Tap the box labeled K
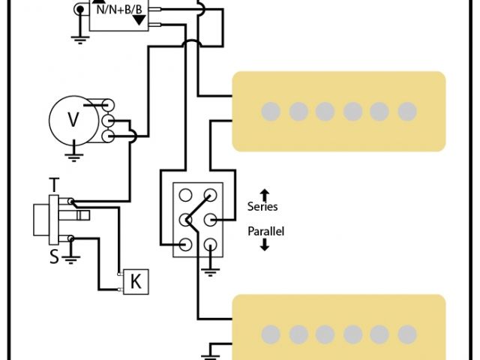[x=136, y=281]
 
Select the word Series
[x=262, y=206]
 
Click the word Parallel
[x=266, y=231]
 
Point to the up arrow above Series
[x=264, y=193]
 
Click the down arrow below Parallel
[x=264, y=244]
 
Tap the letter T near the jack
[x=54, y=184]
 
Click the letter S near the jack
[x=54, y=256]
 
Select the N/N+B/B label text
[x=118, y=8]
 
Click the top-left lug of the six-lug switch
[x=185, y=196]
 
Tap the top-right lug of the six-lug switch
[x=211, y=196]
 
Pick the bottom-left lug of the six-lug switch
[x=185, y=244]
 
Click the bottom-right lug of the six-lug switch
[x=211, y=244]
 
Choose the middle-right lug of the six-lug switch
[x=211, y=220]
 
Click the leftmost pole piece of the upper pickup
[x=271, y=112]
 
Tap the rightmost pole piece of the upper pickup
[x=406, y=112]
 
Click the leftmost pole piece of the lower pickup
[x=271, y=334]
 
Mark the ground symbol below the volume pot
[x=73, y=155]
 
